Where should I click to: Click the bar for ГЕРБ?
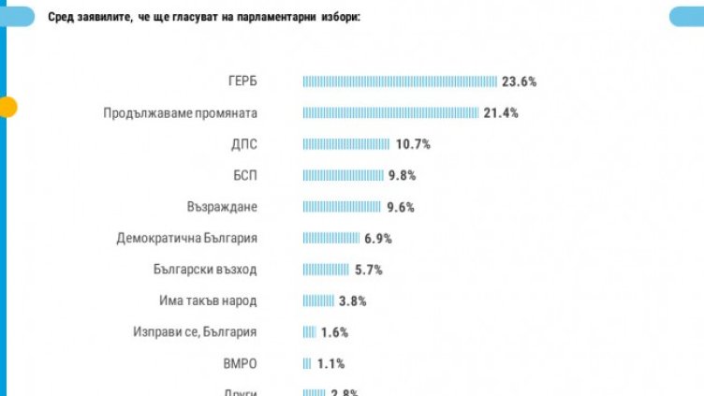pyautogui.click(x=400, y=81)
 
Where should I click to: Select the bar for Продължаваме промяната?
pyautogui.click(x=390, y=113)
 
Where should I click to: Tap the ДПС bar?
pyautogui.click(x=345, y=144)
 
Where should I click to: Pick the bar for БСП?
pyautogui.click(x=343, y=175)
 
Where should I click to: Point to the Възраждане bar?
pyautogui.click(x=342, y=207)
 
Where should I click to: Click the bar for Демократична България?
pyautogui.click(x=330, y=239)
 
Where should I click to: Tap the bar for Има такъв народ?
pyautogui.click(x=318, y=301)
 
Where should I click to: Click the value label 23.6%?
pyautogui.click(x=519, y=81)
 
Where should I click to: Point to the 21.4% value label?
pyautogui.click(x=500, y=113)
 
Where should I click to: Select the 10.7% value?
pyautogui.click(x=412, y=144)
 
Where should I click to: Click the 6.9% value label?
pyautogui.click(x=377, y=239)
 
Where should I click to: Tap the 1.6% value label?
pyautogui.click(x=334, y=332)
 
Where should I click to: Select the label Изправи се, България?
pyautogui.click(x=196, y=332)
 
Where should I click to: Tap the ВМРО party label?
pyautogui.click(x=240, y=364)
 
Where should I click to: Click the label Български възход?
pyautogui.click(x=205, y=270)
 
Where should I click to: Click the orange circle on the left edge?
pyautogui.click(x=7, y=107)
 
